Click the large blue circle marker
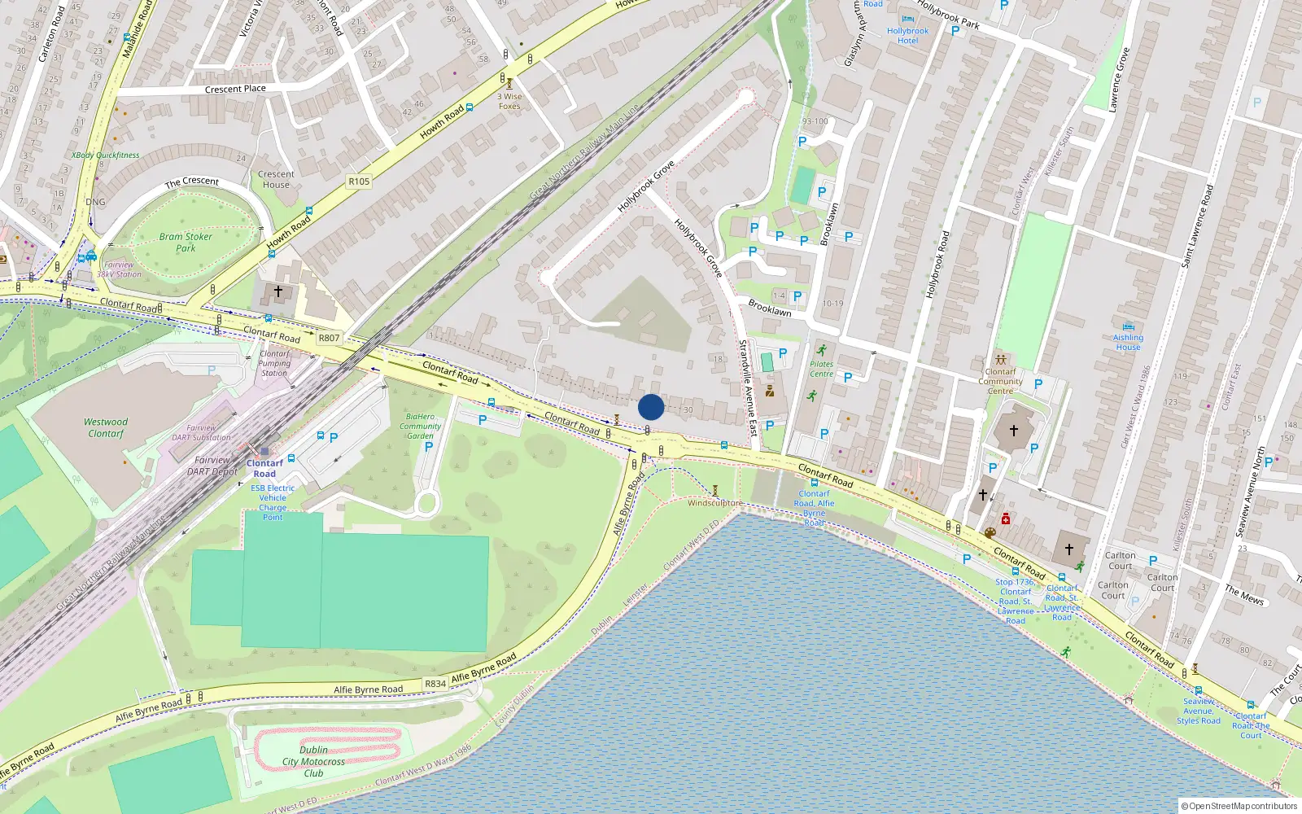coord(651,407)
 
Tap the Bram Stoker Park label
coord(186,243)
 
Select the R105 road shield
coord(359,182)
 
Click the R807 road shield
coord(329,338)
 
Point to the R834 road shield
coord(435,684)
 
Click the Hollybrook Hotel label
coord(907,36)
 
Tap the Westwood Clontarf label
coord(106,427)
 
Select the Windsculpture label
coord(714,503)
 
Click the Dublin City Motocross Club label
coord(313,762)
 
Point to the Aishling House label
coord(1128,342)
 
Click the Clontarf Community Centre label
coord(1000,381)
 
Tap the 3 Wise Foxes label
coord(509,101)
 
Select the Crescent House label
coord(276,179)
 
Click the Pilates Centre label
coord(821,369)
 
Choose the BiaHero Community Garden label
coord(420,426)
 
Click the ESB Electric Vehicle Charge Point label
coord(273,502)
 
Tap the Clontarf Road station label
coord(264,468)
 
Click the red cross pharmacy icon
coord(1006,519)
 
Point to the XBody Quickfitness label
coord(105,155)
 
